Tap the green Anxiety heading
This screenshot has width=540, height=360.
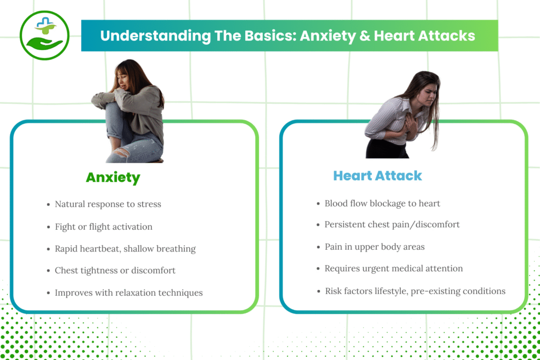click(113, 178)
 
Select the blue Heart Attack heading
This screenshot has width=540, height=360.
click(377, 176)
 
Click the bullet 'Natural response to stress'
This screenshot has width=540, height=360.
click(108, 204)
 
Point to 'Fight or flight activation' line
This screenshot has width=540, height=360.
click(103, 227)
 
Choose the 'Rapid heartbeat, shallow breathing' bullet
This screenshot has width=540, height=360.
click(125, 249)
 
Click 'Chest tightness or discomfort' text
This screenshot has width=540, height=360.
click(115, 270)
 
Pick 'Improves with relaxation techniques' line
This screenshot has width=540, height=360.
click(129, 293)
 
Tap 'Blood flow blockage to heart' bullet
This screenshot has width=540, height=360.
click(382, 203)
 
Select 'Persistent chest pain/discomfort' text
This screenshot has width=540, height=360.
click(392, 225)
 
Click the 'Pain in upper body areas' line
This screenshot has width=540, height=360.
click(374, 246)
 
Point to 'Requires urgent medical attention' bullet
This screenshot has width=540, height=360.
click(393, 268)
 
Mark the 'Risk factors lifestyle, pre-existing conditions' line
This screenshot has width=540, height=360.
click(415, 291)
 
